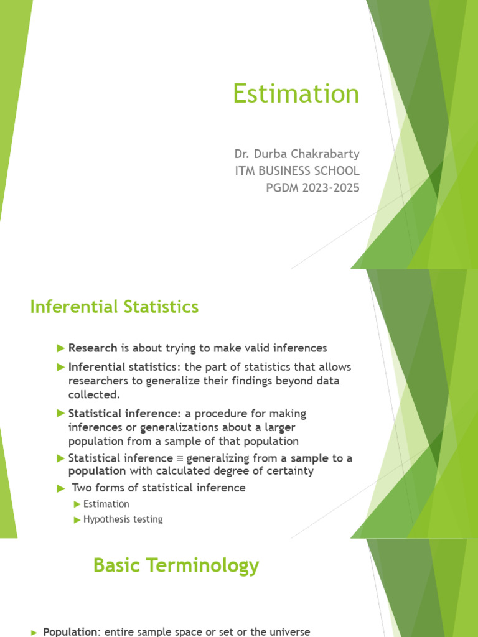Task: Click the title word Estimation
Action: [x=296, y=94]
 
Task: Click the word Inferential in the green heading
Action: [x=68, y=307]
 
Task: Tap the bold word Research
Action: [x=93, y=348]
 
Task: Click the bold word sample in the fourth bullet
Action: [x=310, y=458]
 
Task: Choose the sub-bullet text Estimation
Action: [x=106, y=504]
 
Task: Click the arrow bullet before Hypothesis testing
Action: [x=77, y=519]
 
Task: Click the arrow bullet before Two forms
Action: [x=60, y=488]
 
